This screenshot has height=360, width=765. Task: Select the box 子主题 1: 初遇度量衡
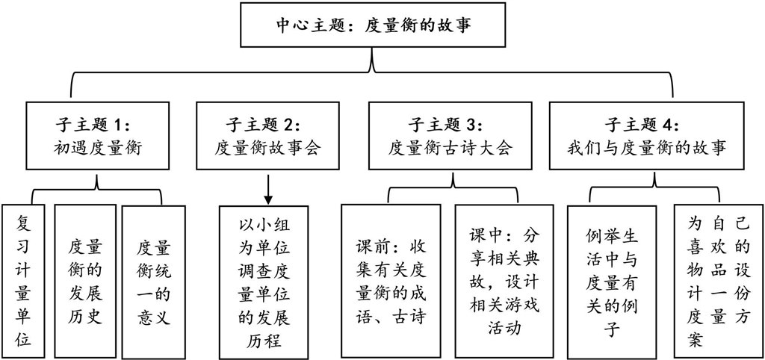click(98, 135)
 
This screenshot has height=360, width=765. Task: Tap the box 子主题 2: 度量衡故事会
click(267, 135)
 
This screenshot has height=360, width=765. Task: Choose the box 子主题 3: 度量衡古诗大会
click(449, 135)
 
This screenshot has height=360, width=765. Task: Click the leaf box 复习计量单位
click(23, 282)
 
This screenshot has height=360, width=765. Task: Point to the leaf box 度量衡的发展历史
click(85, 282)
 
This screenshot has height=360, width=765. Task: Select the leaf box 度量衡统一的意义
click(153, 282)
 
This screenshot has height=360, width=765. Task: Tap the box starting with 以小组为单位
click(264, 282)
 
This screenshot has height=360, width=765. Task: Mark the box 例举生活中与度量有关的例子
click(611, 282)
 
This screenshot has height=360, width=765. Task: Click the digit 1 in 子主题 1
click(119, 125)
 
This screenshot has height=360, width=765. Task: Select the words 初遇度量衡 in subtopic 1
click(98, 148)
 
